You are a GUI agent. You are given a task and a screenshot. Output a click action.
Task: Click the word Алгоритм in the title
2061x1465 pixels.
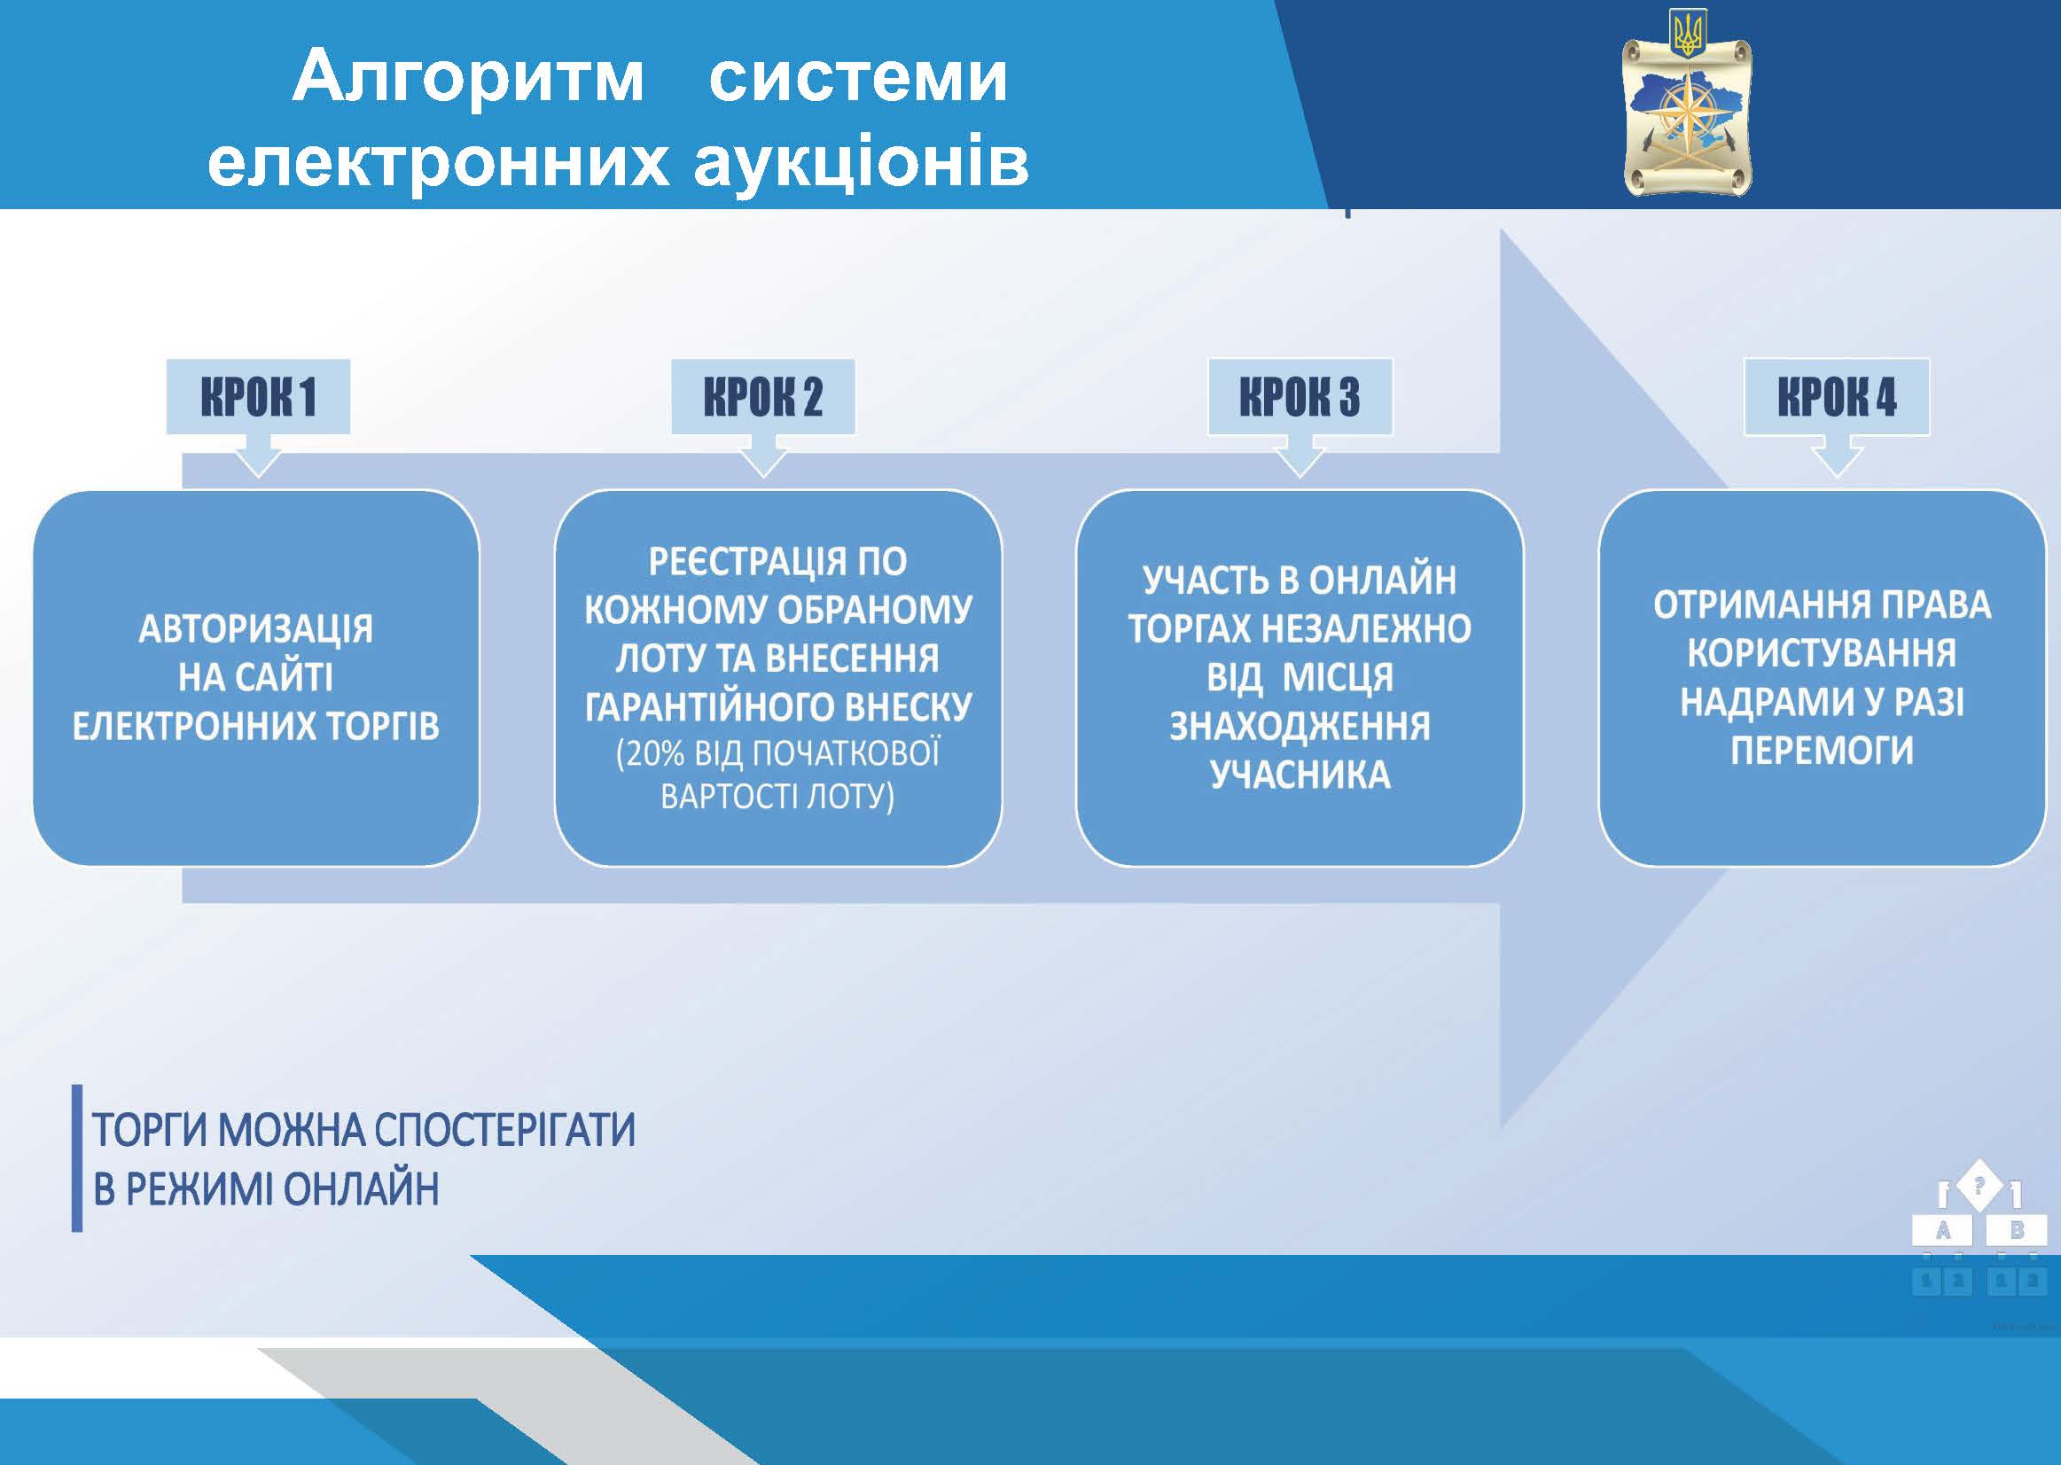468,78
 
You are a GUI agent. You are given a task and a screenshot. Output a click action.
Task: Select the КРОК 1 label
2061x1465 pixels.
258,397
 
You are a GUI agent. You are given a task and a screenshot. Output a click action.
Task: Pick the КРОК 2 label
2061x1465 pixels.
763,397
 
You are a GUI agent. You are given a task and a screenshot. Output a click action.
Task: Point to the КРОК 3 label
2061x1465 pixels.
1300,397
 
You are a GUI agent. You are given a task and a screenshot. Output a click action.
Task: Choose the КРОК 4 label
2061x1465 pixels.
1838,397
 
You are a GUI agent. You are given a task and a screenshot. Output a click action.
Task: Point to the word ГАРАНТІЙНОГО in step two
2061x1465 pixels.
700,706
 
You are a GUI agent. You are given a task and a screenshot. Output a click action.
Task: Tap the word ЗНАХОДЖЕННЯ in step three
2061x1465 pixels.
1300,726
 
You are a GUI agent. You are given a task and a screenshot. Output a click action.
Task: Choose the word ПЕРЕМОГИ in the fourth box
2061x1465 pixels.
1822,751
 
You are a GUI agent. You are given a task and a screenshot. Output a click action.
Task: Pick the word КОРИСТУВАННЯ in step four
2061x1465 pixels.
1822,653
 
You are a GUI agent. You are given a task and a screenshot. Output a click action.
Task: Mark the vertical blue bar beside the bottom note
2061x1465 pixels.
77,1158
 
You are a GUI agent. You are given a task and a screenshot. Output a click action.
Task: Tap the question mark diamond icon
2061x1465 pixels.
1979,1184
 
